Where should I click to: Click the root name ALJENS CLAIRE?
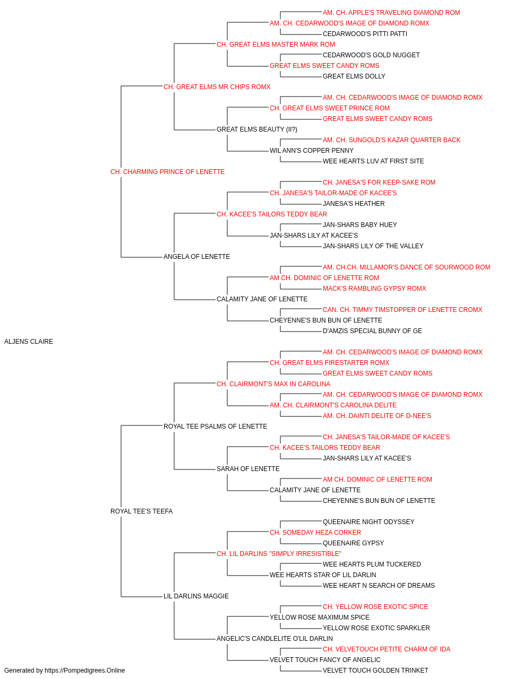[29, 342]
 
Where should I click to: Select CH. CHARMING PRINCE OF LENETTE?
[167, 172]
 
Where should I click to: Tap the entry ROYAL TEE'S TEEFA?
[141, 511]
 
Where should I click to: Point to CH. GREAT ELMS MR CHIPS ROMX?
[217, 87]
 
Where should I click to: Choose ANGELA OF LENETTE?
[196, 257]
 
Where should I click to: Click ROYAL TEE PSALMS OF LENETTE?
[215, 426]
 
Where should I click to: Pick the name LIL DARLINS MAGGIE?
[196, 596]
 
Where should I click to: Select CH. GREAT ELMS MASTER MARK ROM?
[276, 45]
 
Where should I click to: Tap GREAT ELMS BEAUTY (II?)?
[257, 129]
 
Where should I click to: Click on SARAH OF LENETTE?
[248, 469]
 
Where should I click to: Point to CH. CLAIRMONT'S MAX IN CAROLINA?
[273, 384]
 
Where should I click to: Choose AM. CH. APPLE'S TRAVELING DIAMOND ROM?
[391, 13]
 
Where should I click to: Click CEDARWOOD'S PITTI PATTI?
[365, 34]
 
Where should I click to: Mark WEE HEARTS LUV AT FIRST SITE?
[373, 161]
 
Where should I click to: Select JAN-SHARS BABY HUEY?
[359, 225]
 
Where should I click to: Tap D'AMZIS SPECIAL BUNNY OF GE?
[372, 331]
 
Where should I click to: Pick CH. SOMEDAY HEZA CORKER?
[315, 533]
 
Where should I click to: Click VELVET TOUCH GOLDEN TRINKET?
[375, 671]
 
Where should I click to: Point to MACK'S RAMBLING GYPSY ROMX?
[374, 289]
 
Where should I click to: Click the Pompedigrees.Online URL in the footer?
[84, 671]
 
